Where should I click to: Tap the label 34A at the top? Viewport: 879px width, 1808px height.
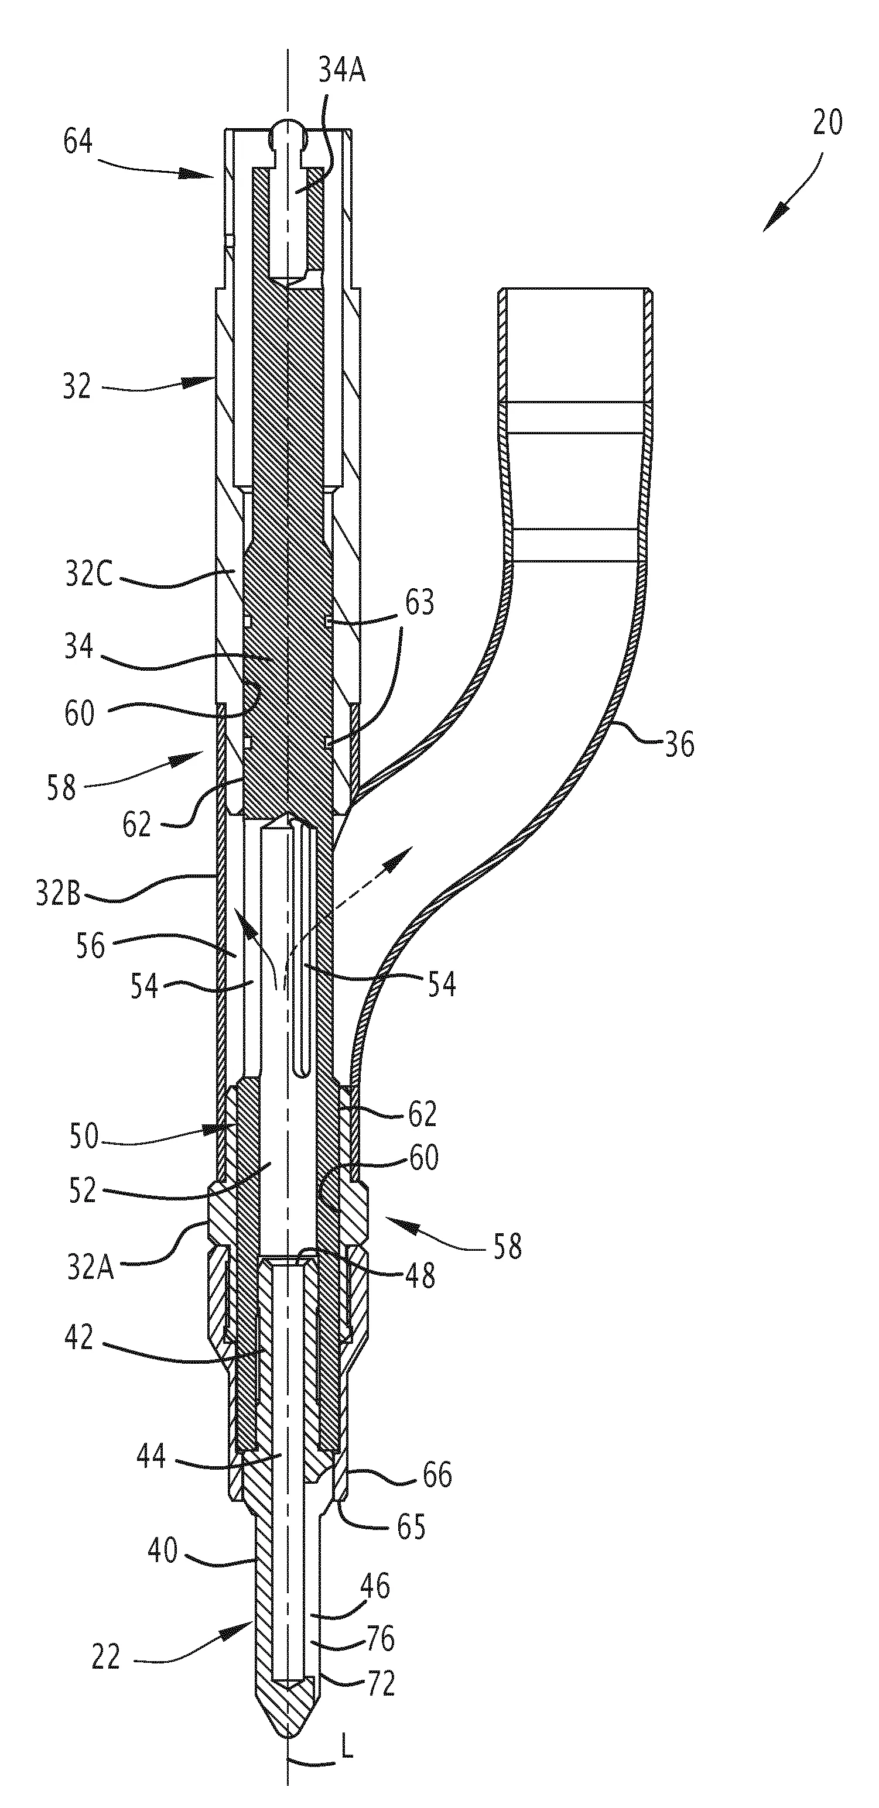pyautogui.click(x=342, y=71)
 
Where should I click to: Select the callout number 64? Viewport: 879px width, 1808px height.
pyautogui.click(x=78, y=142)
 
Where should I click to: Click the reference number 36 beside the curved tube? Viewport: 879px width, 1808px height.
pyautogui.click(x=680, y=745)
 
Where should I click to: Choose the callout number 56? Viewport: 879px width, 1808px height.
pyautogui.click(x=91, y=946)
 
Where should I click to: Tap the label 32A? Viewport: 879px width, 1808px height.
pyautogui.click(x=91, y=1268)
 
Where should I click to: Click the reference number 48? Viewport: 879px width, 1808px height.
pyautogui.click(x=420, y=1275)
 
